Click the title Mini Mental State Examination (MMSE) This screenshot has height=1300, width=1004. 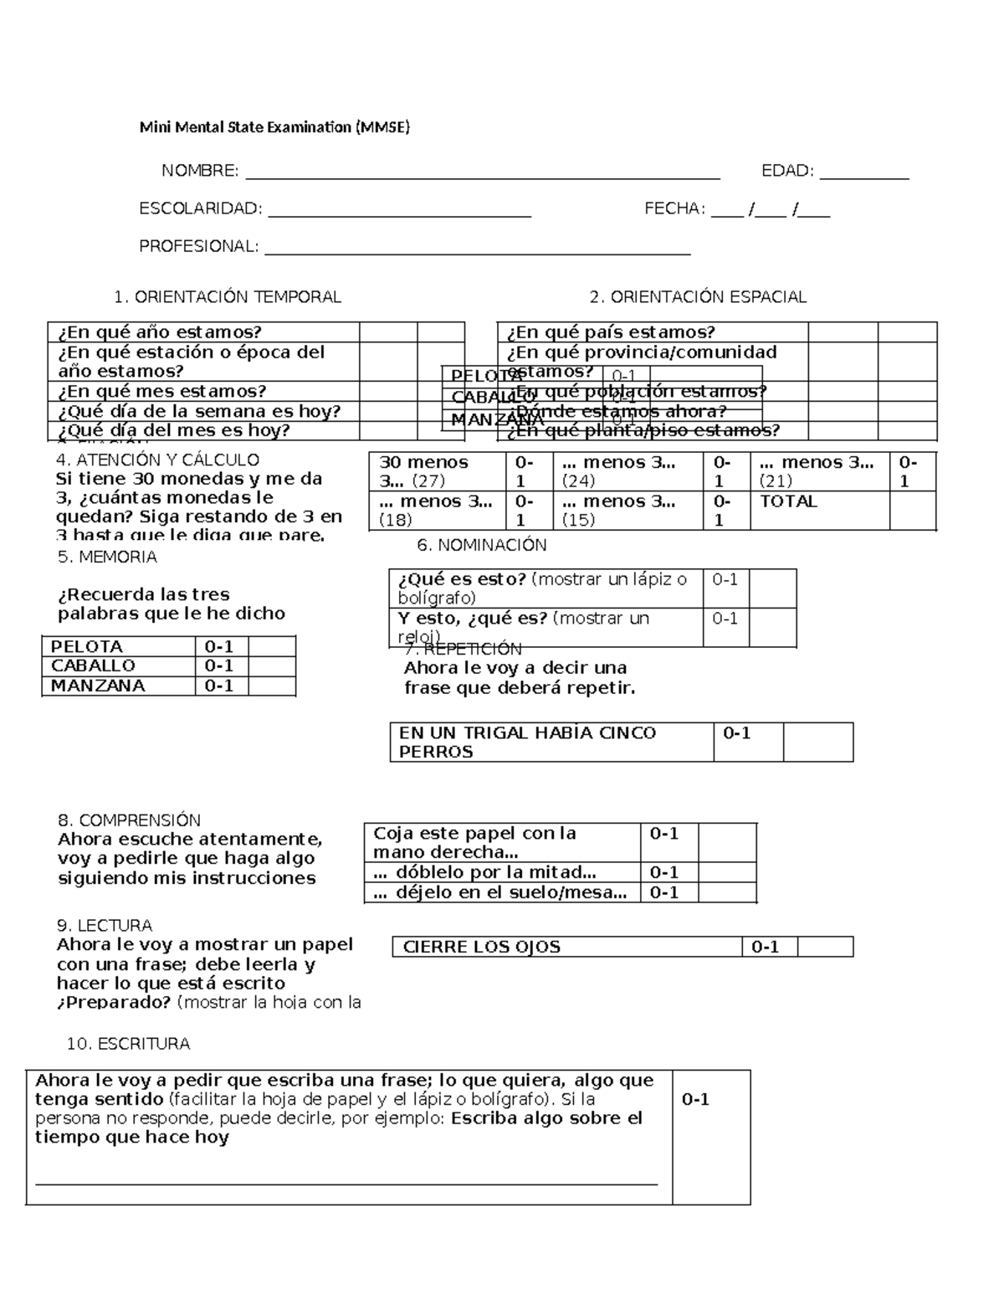pyautogui.click(x=274, y=127)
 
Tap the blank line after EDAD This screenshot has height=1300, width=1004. pyautogui.click(x=864, y=173)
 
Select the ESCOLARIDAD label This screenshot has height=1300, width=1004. pyautogui.click(x=200, y=209)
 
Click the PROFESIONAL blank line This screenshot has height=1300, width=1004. pyautogui.click(x=477, y=249)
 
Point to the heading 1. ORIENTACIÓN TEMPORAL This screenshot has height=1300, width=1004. pyautogui.click(x=228, y=297)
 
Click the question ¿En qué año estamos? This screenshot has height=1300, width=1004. pyautogui.click(x=160, y=332)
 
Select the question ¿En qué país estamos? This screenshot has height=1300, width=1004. pyautogui.click(x=611, y=332)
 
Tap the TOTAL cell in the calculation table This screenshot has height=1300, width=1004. pyautogui.click(x=788, y=501)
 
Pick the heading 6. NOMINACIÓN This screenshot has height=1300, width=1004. pyautogui.click(x=481, y=545)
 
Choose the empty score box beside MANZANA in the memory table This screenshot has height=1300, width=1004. pyautogui.click(x=272, y=686)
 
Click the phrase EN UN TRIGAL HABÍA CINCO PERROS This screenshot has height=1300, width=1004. pyautogui.click(x=528, y=742)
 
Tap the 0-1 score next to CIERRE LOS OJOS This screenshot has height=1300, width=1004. pyautogui.click(x=766, y=947)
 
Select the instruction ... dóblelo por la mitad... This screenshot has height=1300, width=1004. pyautogui.click(x=485, y=872)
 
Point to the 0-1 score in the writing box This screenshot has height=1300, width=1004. pyautogui.click(x=695, y=1099)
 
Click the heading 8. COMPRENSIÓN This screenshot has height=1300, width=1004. pyautogui.click(x=129, y=820)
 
